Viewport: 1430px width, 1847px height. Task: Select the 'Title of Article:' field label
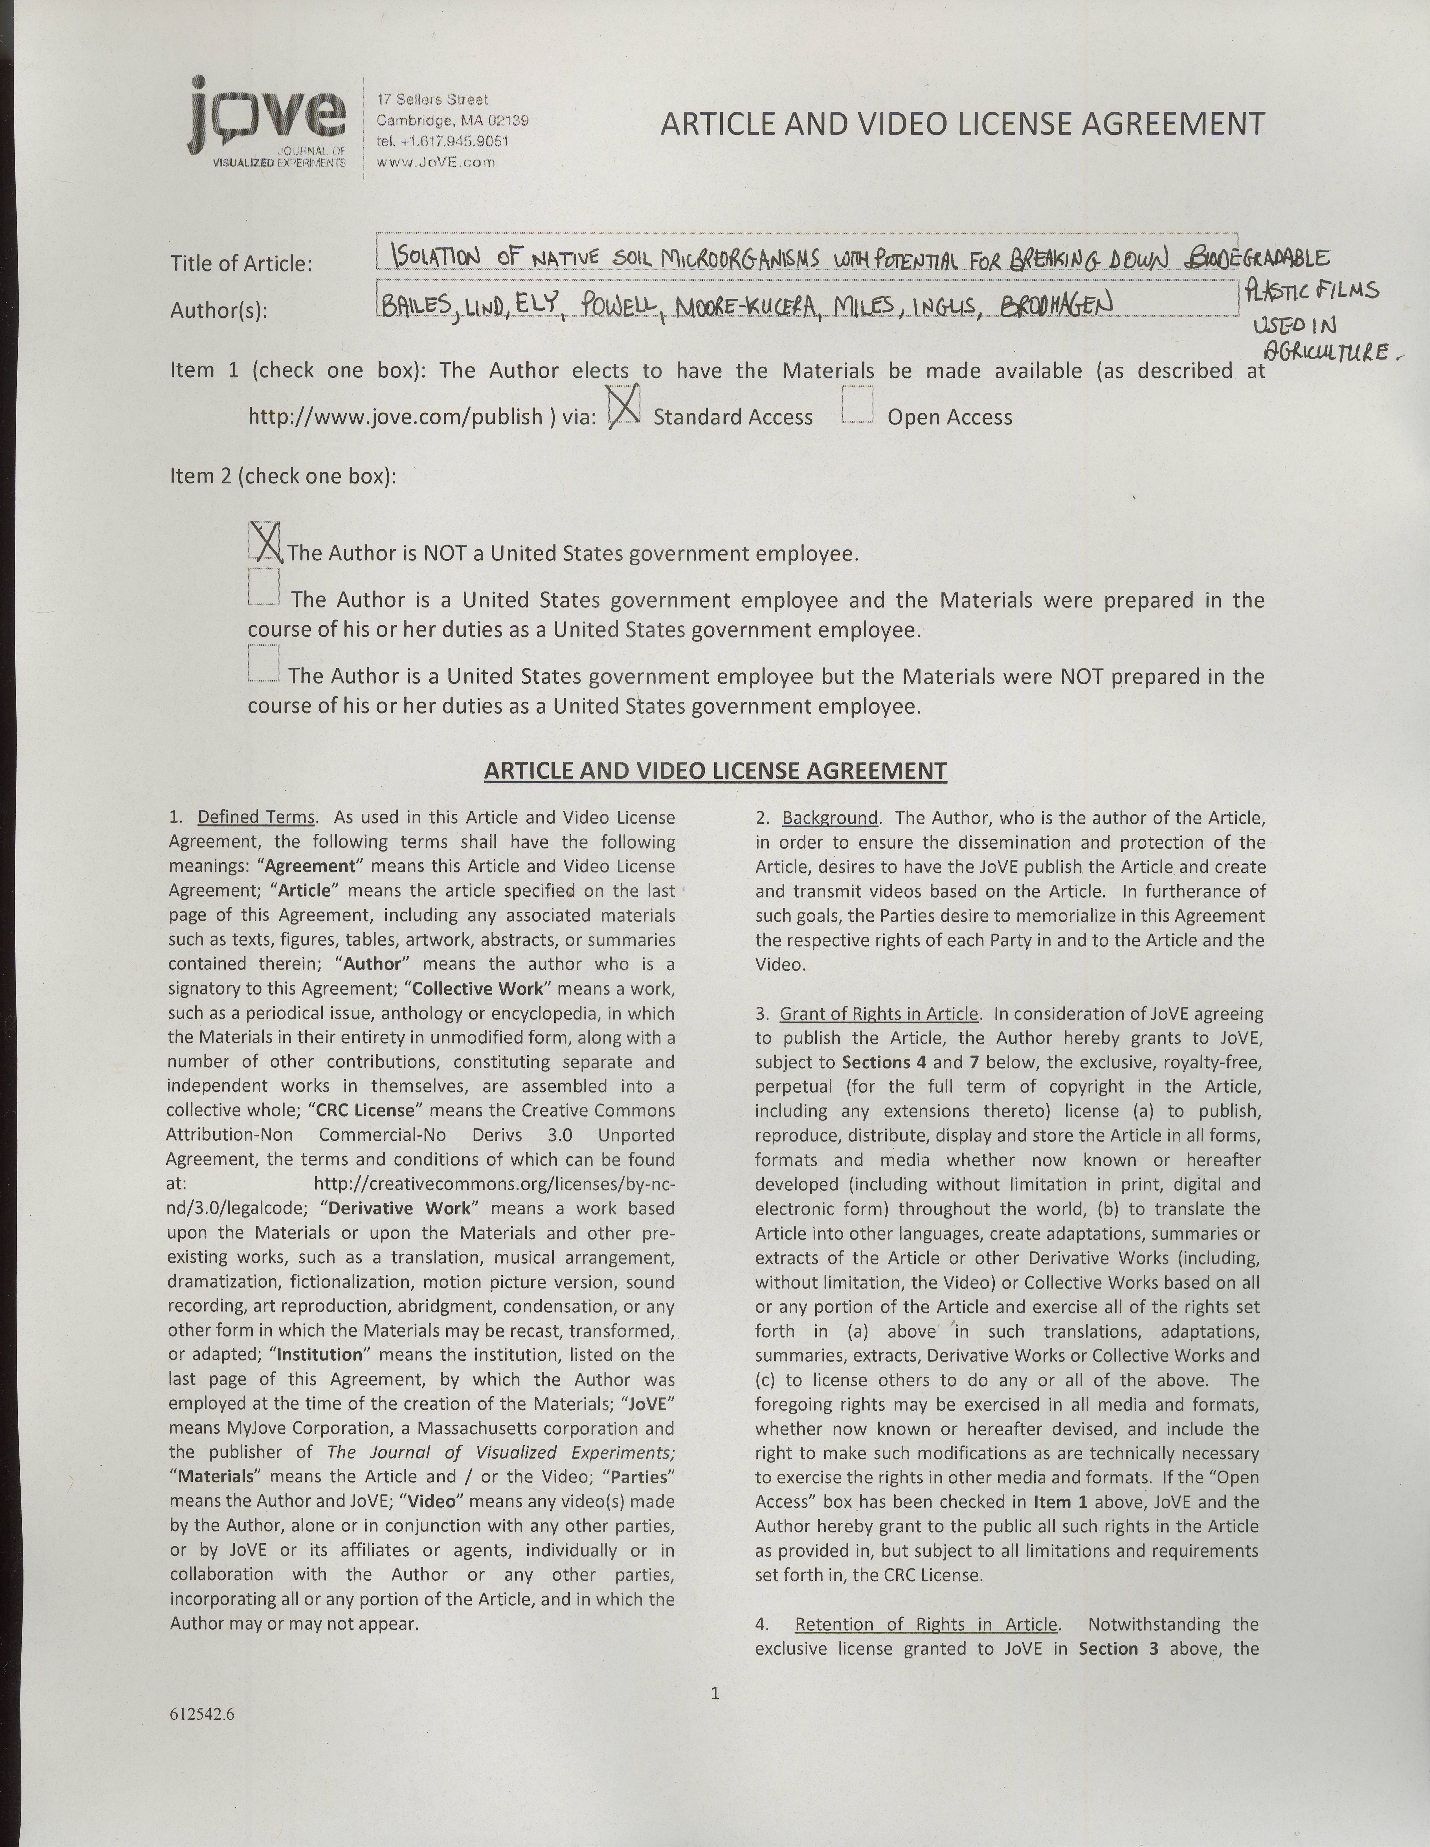click(241, 264)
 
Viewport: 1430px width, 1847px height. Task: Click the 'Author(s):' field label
click(219, 311)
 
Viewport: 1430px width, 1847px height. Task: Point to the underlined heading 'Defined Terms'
click(256, 818)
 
